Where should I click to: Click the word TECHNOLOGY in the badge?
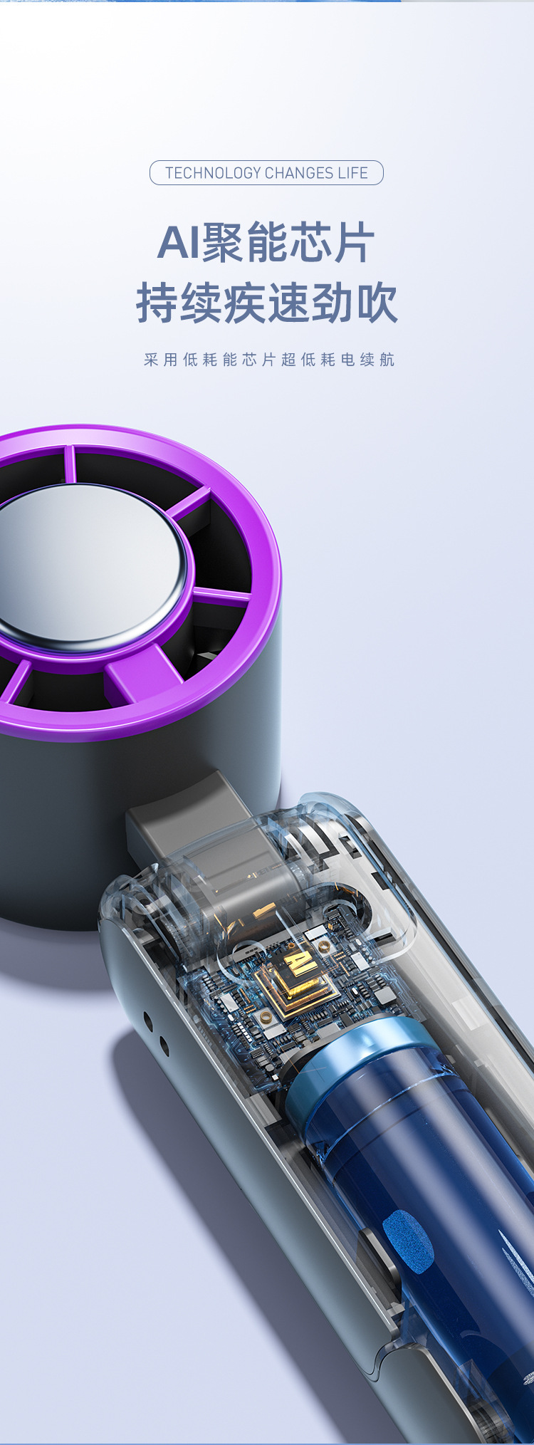[x=213, y=173]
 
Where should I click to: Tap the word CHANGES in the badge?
[x=299, y=173]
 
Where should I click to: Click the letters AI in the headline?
[x=179, y=243]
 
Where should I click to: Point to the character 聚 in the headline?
[x=223, y=243]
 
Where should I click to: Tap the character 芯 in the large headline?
[x=310, y=243]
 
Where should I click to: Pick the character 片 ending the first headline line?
[x=354, y=243]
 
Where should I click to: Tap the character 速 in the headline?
[x=288, y=303]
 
